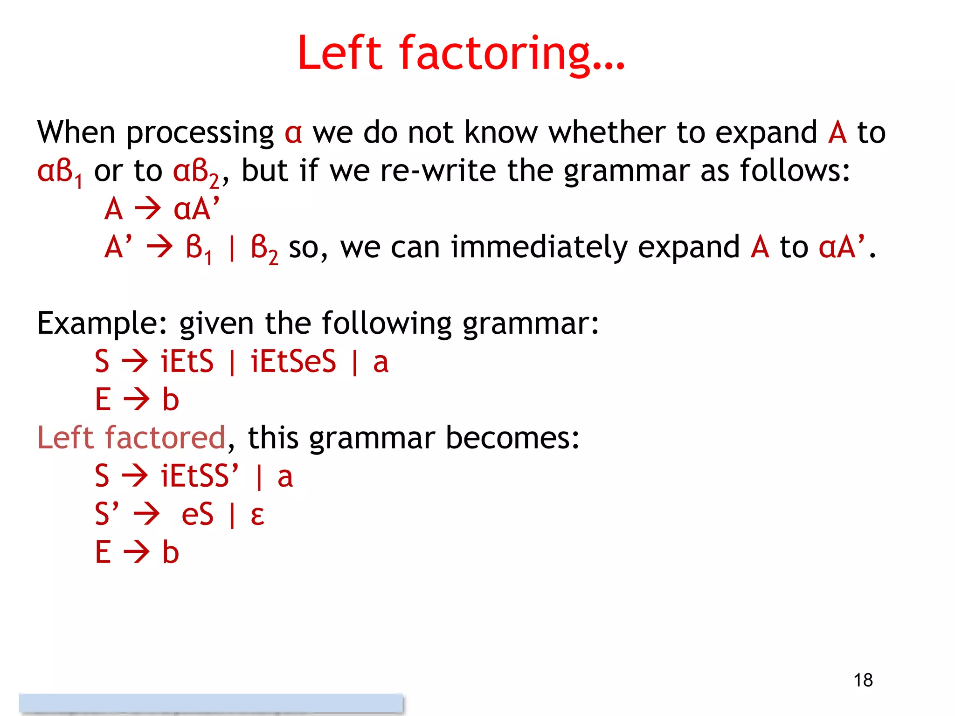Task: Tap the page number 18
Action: (863, 680)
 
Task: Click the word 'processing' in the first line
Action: (200, 133)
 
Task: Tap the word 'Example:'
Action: (103, 324)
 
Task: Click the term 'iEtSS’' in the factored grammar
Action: (200, 476)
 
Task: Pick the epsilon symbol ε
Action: (257, 515)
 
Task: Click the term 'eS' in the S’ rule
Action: (197, 514)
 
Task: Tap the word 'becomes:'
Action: (512, 438)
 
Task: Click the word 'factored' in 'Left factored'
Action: (166, 438)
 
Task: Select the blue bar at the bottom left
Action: (211, 703)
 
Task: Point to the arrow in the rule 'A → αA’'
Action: (148, 209)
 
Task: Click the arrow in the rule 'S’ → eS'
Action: (146, 515)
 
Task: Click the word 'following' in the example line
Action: (387, 324)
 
